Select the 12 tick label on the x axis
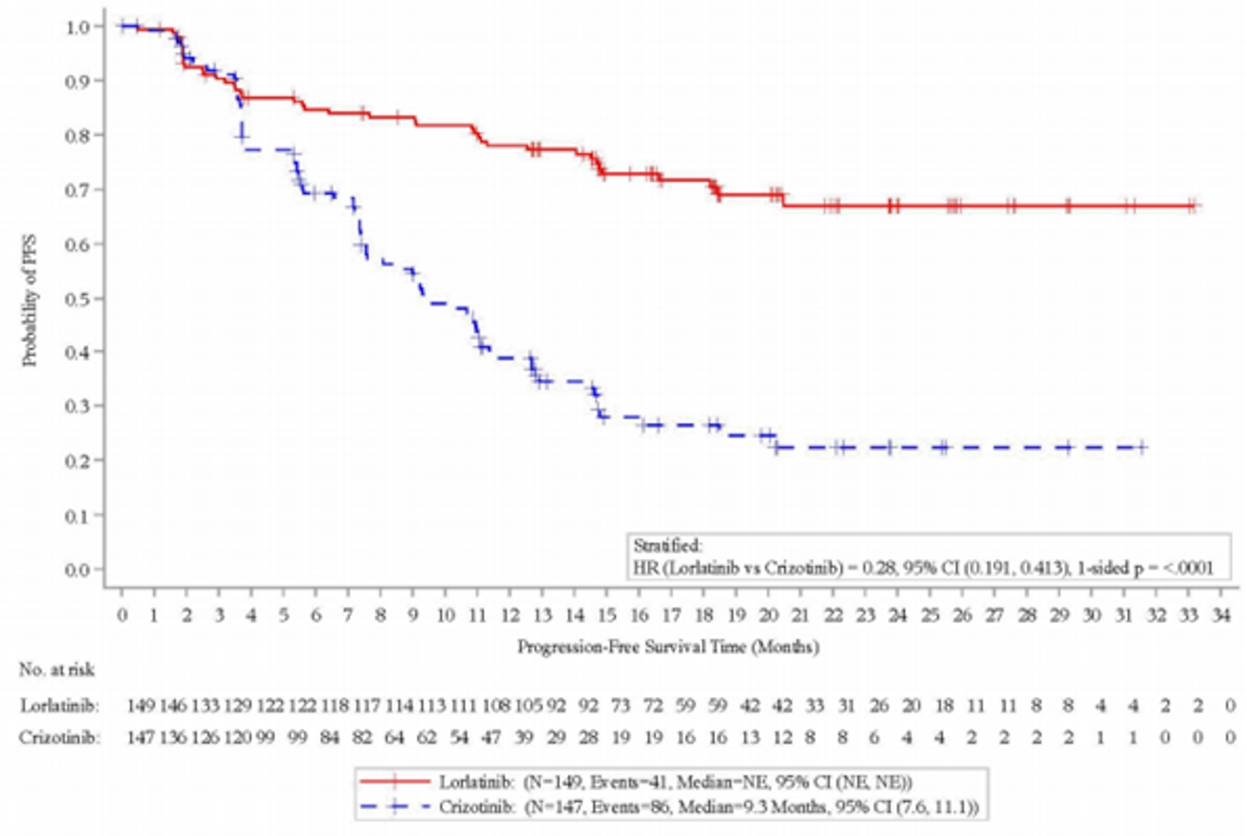510,615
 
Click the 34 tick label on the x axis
1221,615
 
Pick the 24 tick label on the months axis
897,615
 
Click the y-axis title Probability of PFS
30,301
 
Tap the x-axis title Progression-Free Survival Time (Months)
668,647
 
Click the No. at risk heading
57,670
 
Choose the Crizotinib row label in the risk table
60,738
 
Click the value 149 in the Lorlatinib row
141,706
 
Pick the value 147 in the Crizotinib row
141,738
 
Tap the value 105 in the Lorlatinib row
529,706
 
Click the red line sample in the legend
395,782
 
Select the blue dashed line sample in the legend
395,807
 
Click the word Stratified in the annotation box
668,546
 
